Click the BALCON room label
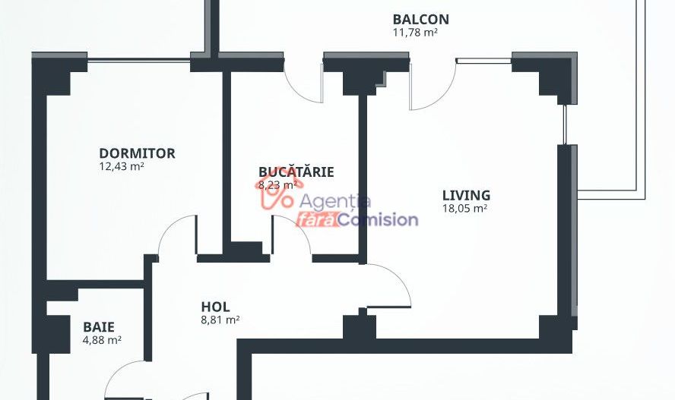coord(420,19)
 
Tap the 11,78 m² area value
coord(415,32)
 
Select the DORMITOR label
coord(137,153)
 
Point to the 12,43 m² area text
coord(122,166)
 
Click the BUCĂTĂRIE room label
coord(296,172)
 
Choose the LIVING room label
coord(466,196)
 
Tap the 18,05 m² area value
coord(465,209)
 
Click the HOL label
coord(215,307)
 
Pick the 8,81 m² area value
coord(220,320)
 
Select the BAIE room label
coord(99,327)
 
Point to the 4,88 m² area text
coord(102,340)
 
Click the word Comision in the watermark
coord(378,220)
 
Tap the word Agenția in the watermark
coord(334,201)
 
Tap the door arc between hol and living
coord(398,279)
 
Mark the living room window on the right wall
coord(566,124)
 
